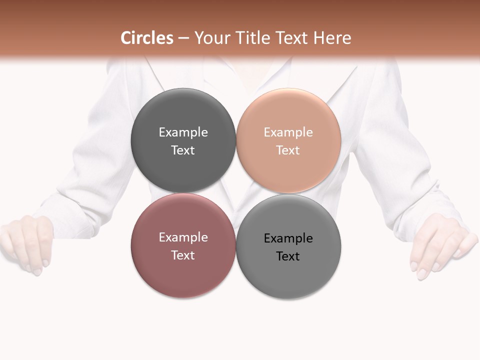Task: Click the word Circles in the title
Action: point(147,38)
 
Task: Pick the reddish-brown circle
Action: point(183,275)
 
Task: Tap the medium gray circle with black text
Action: point(288,275)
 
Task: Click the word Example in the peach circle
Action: point(288,132)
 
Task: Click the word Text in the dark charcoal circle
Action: point(183,150)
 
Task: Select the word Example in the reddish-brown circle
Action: point(183,237)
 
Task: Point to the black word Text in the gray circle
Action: point(288,256)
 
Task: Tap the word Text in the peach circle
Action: point(288,150)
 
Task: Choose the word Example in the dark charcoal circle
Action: point(183,132)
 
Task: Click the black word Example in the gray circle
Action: point(288,238)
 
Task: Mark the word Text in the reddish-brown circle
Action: point(183,255)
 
